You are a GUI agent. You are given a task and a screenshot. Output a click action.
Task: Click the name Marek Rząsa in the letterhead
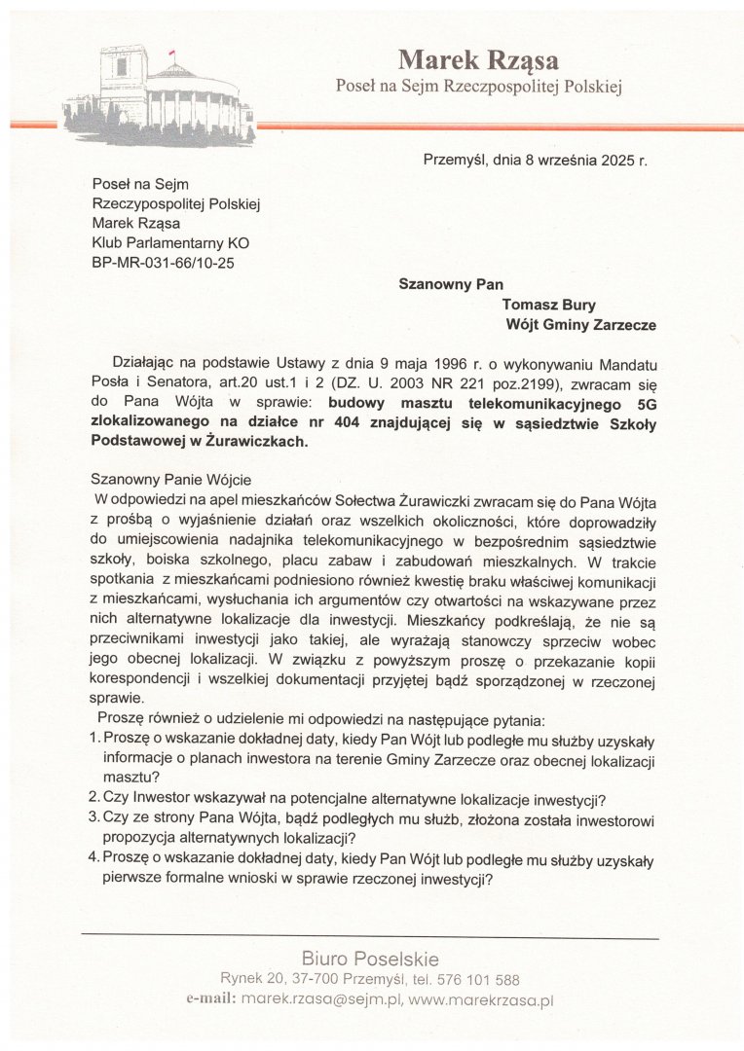pos(477,60)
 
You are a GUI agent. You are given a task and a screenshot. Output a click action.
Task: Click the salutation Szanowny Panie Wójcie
pos(170,479)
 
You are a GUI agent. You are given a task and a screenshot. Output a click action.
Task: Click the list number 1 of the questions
pos(94,739)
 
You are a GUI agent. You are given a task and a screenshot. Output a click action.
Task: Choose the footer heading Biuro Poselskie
pos(370,959)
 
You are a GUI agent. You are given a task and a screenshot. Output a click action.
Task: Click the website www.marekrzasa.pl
pos(480,998)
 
